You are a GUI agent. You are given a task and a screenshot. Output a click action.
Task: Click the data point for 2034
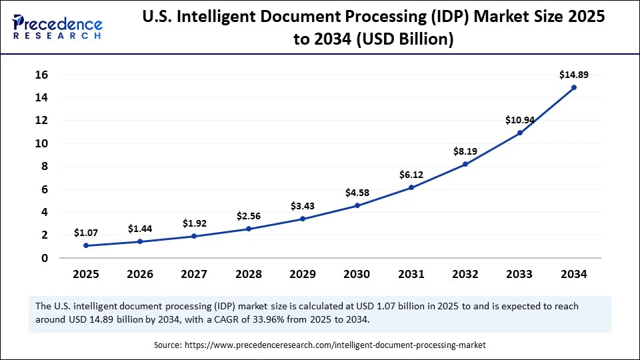(x=573, y=87)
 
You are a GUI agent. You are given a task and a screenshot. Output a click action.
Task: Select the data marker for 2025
(x=86, y=245)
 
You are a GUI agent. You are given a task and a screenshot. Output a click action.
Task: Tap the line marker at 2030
(x=357, y=205)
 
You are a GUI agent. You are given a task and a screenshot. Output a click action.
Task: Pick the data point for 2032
(x=465, y=164)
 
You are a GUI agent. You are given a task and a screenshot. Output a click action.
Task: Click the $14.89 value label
(x=573, y=75)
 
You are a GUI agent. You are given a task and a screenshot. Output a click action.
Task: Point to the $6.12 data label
(x=411, y=175)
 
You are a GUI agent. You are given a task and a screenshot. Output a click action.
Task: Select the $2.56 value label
(x=249, y=216)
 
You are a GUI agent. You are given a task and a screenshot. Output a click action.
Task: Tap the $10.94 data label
(x=519, y=120)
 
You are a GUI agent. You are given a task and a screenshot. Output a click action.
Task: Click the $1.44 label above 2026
(x=140, y=229)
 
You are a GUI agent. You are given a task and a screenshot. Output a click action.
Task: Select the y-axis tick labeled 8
(x=45, y=166)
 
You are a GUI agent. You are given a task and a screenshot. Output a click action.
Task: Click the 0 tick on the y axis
(x=45, y=258)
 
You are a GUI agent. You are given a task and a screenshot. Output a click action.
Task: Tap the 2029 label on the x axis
(x=303, y=274)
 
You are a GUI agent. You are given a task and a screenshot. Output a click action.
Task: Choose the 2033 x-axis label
(x=519, y=274)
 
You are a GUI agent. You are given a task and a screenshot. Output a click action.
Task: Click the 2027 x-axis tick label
(x=194, y=274)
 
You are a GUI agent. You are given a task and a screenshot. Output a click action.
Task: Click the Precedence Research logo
(x=57, y=26)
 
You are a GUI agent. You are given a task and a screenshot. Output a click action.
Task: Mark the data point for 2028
(x=249, y=229)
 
